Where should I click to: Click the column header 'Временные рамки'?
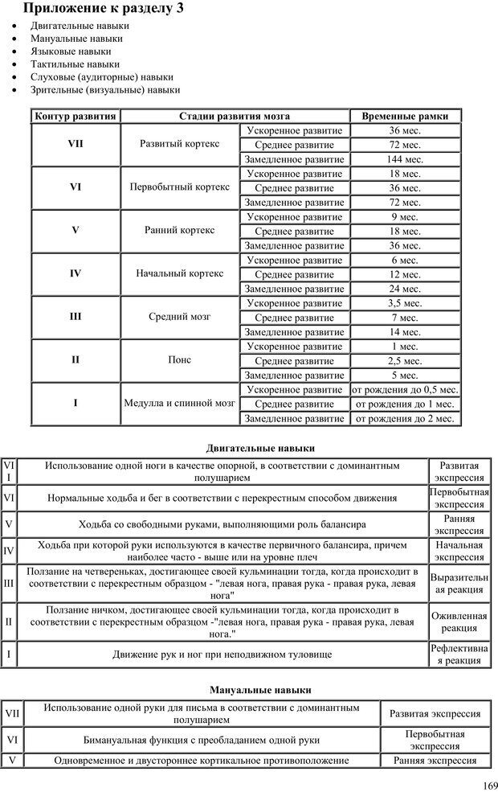coord(405,116)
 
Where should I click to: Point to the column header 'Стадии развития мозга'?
coord(235,116)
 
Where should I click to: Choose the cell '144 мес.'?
coord(405,159)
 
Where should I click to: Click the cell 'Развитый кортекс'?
coord(179,145)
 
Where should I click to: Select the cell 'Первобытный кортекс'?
coord(179,187)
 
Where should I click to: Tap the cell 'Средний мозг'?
coord(179,317)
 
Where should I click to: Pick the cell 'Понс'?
coord(179,359)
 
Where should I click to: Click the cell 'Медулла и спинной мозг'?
coord(179,403)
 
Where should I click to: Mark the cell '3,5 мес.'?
coord(405,302)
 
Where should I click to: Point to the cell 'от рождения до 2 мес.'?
coord(405,417)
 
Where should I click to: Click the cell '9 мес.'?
coord(405,216)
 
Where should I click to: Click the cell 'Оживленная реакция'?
coord(459,622)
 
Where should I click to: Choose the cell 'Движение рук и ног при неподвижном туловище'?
coord(222,655)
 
